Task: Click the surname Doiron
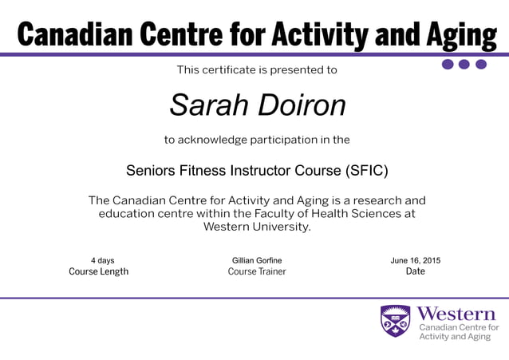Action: click(x=305, y=105)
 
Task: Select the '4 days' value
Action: click(x=102, y=260)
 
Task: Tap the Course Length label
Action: click(x=99, y=271)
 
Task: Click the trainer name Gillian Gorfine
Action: click(x=257, y=260)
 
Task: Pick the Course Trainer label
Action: click(x=257, y=271)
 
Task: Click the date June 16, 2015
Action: click(x=415, y=260)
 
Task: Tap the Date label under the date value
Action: click(x=415, y=271)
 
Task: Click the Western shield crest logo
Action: click(x=395, y=321)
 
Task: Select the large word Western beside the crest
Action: click(x=456, y=312)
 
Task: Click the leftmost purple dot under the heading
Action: click(x=448, y=65)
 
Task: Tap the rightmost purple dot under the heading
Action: click(x=481, y=65)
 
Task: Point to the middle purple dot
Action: click(x=464, y=65)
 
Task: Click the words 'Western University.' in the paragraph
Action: click(x=257, y=227)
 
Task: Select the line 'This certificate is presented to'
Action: click(x=257, y=70)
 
